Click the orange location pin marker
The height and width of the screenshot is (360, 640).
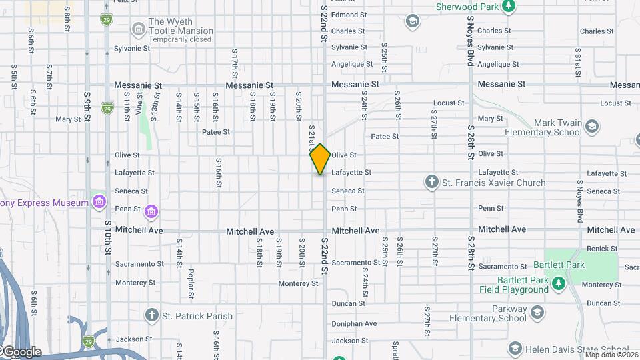tap(321, 159)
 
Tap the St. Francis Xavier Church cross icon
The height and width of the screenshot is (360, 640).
tap(431, 182)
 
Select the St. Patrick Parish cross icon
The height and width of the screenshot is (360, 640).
tap(151, 315)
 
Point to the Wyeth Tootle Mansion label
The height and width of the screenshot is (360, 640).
tap(181, 26)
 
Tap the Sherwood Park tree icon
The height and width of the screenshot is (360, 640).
tap(509, 6)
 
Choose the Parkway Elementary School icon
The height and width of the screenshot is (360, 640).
tap(535, 313)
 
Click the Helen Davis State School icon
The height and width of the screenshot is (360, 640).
tap(515, 349)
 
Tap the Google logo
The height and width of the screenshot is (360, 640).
tap(21, 352)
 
